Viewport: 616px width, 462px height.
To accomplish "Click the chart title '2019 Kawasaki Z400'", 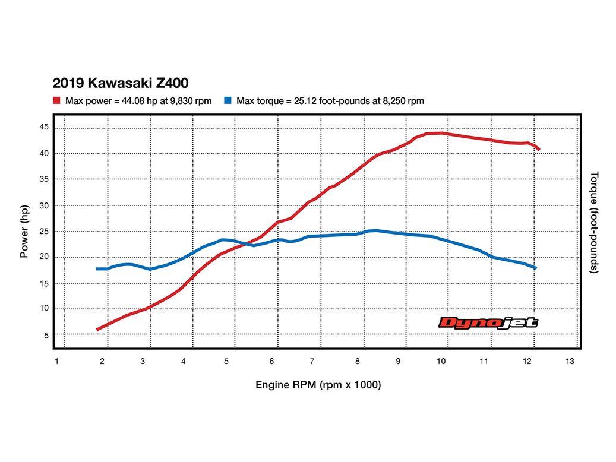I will click(x=121, y=83).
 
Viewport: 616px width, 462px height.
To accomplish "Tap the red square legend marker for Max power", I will click(x=56, y=101).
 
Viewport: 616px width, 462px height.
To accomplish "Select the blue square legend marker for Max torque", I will click(x=228, y=101).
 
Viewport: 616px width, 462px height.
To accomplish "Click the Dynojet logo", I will click(x=488, y=322).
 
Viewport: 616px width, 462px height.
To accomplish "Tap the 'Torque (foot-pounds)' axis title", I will click(x=594, y=222).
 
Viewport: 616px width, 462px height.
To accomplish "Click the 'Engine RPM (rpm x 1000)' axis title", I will click(x=318, y=385).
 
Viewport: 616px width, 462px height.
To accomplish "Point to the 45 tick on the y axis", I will click(x=44, y=127).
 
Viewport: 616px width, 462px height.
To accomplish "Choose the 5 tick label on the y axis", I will click(x=46, y=336).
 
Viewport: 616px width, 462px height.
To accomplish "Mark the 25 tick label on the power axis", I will click(x=44, y=232).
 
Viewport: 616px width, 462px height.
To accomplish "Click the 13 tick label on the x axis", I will click(x=570, y=361).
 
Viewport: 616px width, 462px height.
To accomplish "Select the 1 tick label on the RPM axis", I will click(x=56, y=361).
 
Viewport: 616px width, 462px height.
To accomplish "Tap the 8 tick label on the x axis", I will click(x=358, y=361).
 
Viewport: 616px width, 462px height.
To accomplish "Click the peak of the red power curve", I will click(x=438, y=133).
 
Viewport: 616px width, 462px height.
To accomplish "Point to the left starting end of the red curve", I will click(x=97, y=329).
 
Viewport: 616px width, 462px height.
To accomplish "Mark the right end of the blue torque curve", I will click(x=535, y=268).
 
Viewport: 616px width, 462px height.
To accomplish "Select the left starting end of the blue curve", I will click(x=97, y=269).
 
